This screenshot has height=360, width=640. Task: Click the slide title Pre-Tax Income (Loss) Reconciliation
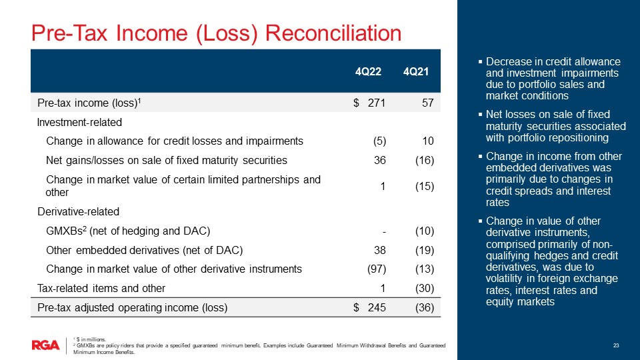tap(217, 32)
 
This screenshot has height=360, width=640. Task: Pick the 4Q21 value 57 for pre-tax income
tap(428, 103)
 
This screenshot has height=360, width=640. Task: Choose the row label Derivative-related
tap(79, 212)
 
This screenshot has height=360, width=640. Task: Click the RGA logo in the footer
tap(45, 345)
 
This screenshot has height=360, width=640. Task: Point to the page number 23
tap(617, 345)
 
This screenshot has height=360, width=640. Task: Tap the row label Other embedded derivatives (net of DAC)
tap(144, 251)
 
